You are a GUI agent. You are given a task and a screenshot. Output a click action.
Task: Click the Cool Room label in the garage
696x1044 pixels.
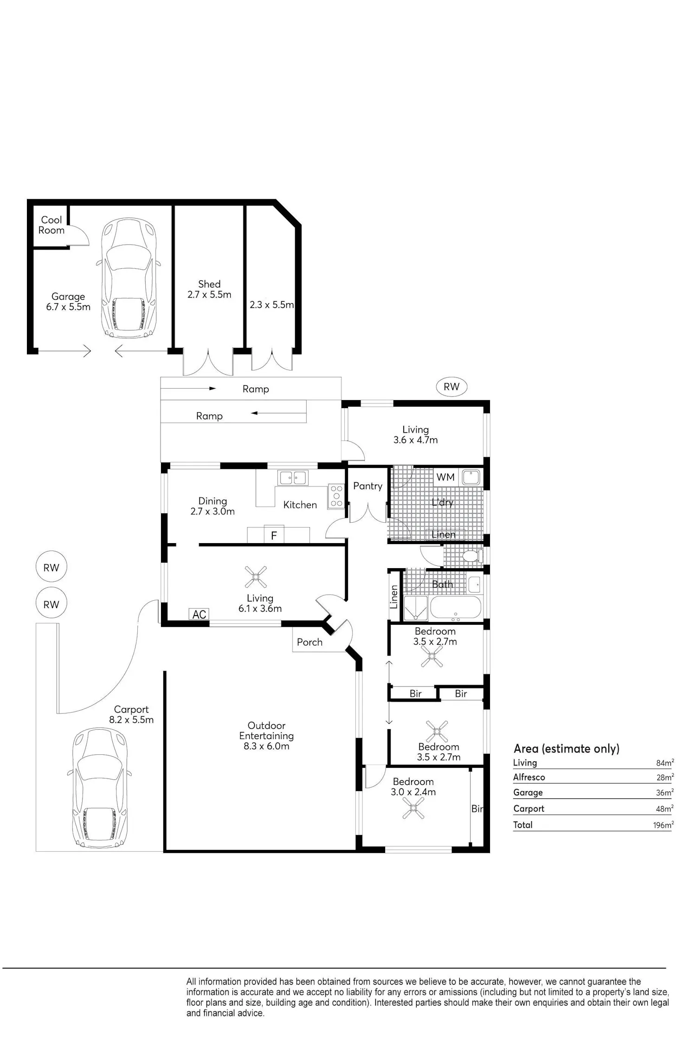[52, 225]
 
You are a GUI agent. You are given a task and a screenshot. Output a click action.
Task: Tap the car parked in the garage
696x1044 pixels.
[129, 279]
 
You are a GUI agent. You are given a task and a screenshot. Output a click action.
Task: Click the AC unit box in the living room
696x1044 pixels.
[199, 614]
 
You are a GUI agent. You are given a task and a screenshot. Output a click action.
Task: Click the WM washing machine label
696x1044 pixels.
[445, 477]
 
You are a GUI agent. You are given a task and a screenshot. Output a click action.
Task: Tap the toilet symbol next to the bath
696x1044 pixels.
[471, 556]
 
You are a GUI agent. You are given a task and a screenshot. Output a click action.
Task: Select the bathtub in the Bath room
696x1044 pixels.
[456, 607]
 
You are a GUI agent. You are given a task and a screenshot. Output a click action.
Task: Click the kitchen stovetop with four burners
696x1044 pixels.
[336, 496]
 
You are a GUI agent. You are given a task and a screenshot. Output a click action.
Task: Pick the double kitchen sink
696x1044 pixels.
[292, 477]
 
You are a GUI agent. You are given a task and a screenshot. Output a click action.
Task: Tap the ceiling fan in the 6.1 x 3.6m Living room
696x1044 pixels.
[255, 577]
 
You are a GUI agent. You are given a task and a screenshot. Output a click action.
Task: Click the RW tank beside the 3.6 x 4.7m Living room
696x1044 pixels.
[451, 387]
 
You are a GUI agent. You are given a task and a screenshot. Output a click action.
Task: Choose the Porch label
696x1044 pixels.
[309, 642]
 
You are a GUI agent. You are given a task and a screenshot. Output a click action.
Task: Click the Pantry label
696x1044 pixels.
[367, 486]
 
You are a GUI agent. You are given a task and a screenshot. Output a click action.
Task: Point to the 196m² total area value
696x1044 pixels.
[663, 825]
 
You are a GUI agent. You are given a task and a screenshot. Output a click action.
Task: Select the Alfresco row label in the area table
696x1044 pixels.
[529, 777]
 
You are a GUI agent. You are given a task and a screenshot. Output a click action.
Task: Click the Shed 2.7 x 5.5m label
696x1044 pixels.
[209, 289]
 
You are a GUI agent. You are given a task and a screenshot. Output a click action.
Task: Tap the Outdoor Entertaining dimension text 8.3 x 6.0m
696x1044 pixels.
[266, 746]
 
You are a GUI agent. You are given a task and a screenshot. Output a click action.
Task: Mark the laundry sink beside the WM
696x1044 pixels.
[471, 478]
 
